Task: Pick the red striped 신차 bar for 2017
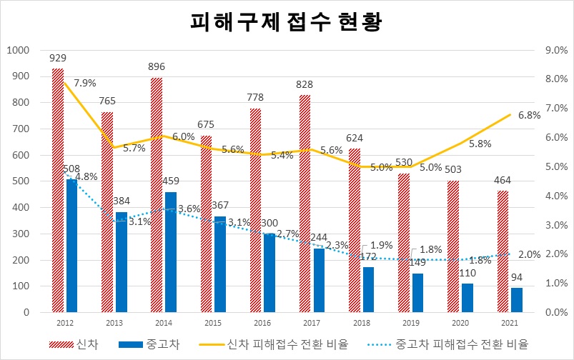(x=305, y=204)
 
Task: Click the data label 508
(x=71, y=169)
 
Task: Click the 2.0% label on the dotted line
(x=530, y=254)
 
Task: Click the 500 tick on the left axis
(x=21, y=181)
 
